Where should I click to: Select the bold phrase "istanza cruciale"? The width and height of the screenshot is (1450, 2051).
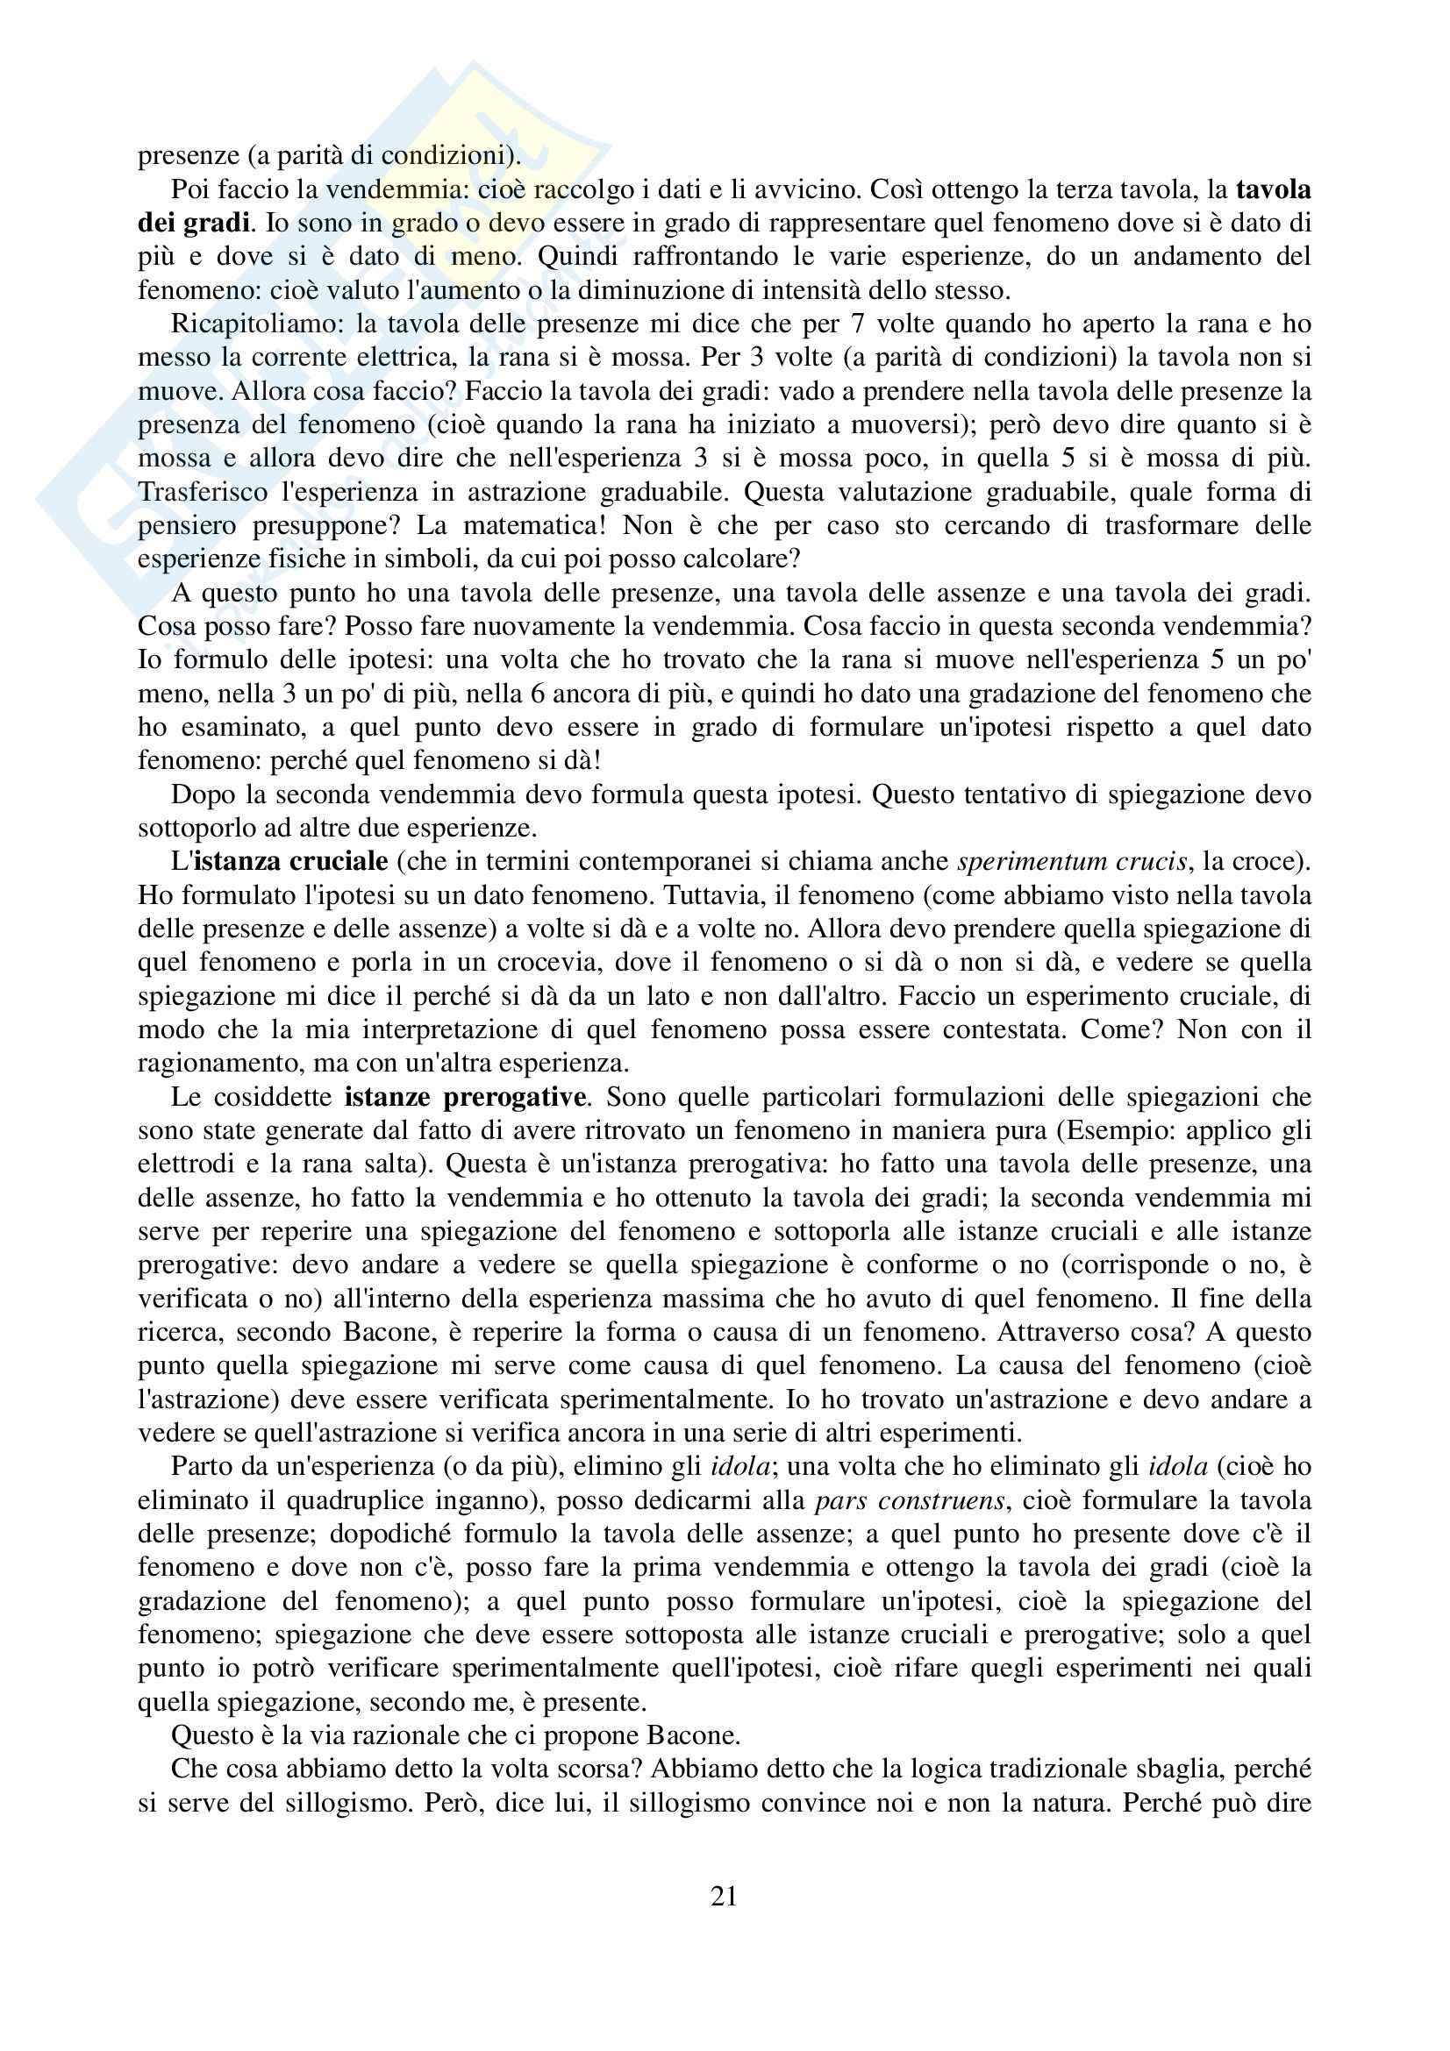(290, 862)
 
